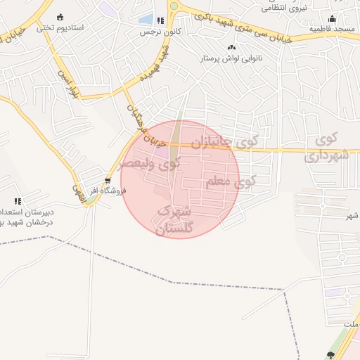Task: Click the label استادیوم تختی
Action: click(61, 28)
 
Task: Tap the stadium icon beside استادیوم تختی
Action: click(60, 17)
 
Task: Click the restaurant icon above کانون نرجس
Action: click(160, 21)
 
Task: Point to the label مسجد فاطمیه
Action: click(335, 29)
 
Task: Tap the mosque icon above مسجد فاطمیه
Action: click(332, 18)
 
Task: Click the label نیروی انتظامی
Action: click(285, 8)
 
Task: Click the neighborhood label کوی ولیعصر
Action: click(150, 165)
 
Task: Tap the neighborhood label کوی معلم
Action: click(231, 182)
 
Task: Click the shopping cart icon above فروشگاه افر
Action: click(107, 180)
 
